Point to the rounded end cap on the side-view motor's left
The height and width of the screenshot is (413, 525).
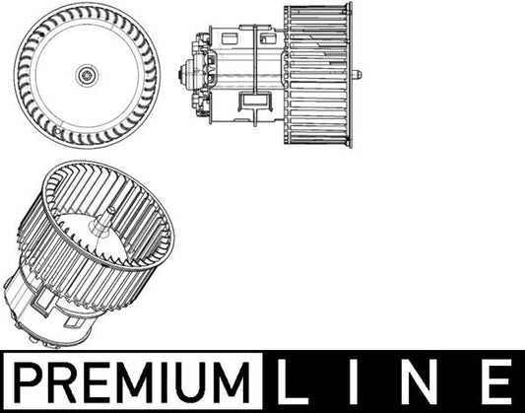[183, 72]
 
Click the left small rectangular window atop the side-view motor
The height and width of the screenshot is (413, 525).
[230, 38]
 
